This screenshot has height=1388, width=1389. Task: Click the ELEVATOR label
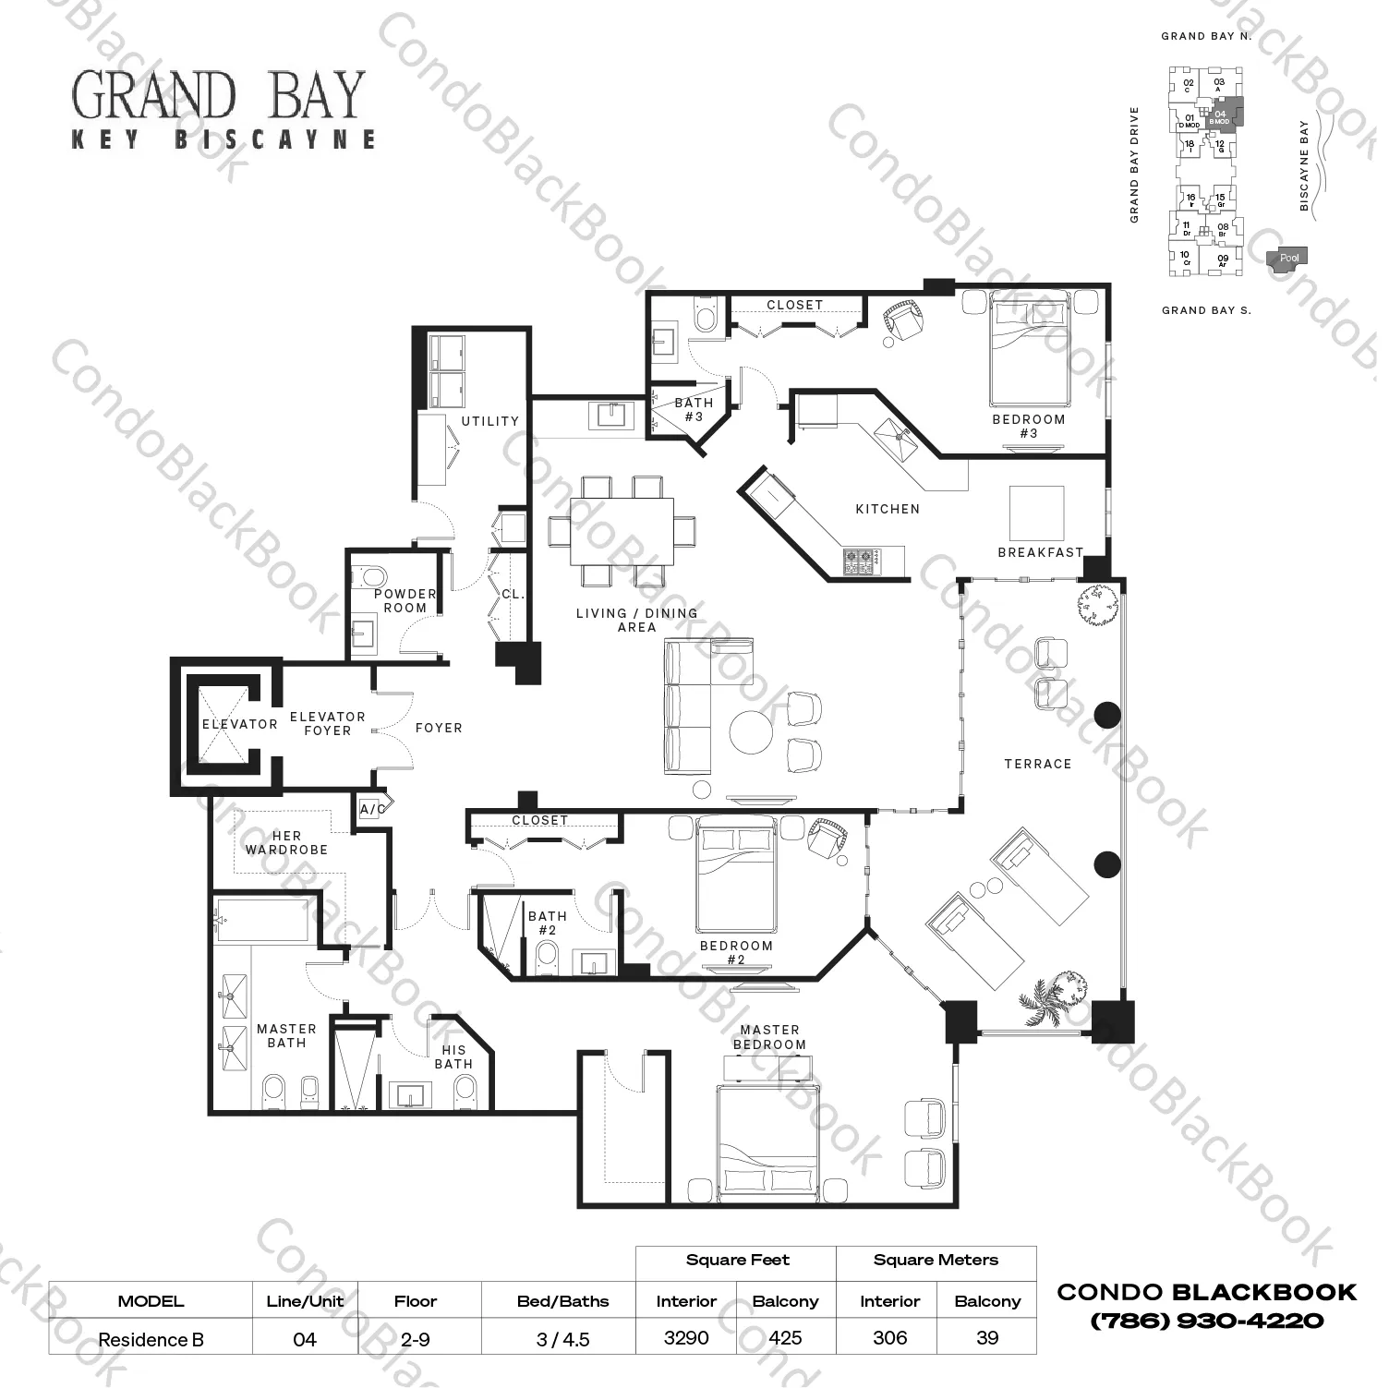pyautogui.click(x=239, y=724)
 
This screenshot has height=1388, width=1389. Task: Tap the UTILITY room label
pyautogui.click(x=489, y=421)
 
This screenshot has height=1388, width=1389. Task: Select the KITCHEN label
pyautogui.click(x=887, y=509)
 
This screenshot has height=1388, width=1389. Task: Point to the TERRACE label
pyautogui.click(x=1037, y=764)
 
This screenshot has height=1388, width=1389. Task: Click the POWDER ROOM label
pyautogui.click(x=405, y=600)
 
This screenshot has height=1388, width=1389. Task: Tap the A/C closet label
pyautogui.click(x=373, y=810)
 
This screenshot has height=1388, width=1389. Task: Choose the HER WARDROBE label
pyautogui.click(x=286, y=842)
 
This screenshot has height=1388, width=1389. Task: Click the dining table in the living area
pyautogui.click(x=621, y=531)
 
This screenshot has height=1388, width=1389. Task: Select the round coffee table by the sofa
pyautogui.click(x=751, y=732)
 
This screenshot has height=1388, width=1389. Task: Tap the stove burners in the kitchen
pyautogui.click(x=860, y=560)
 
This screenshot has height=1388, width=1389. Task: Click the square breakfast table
pyautogui.click(x=1036, y=513)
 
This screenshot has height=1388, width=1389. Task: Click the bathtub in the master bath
pyautogui.click(x=262, y=919)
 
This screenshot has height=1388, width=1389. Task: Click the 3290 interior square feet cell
pyautogui.click(x=686, y=1337)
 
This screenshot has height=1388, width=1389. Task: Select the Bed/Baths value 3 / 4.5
pyautogui.click(x=562, y=1339)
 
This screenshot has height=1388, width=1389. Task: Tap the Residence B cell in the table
pyautogui.click(x=151, y=1339)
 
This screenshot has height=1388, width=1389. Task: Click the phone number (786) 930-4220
pyautogui.click(x=1207, y=1321)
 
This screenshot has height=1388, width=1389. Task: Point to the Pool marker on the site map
pyautogui.click(x=1287, y=259)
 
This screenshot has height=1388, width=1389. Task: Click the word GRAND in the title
pyautogui.click(x=153, y=96)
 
